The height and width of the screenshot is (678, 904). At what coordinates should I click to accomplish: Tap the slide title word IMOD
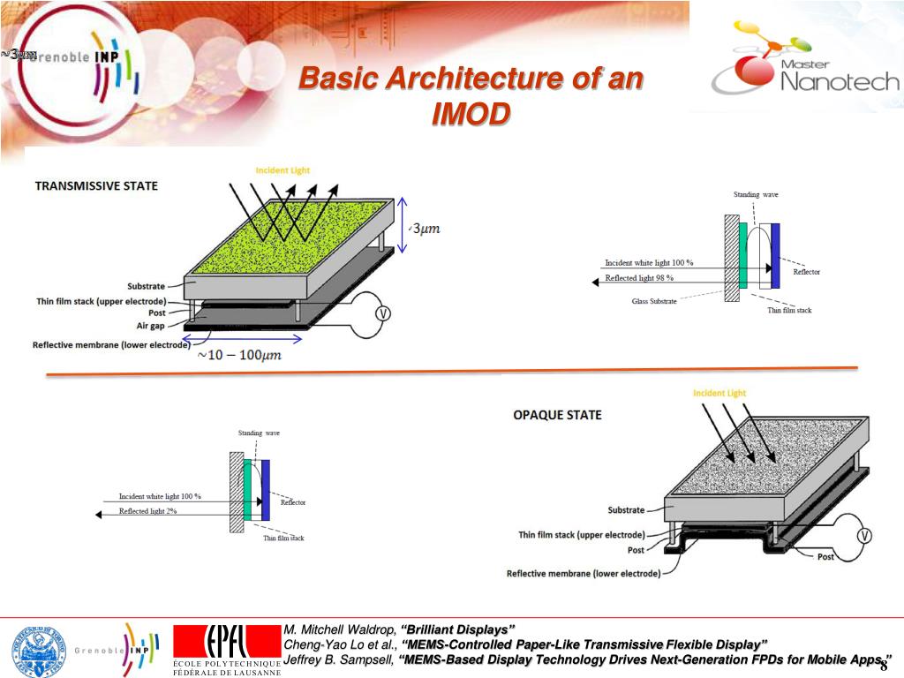pyautogui.click(x=471, y=115)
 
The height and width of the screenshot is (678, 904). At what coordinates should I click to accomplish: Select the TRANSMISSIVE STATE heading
pyautogui.click(x=96, y=186)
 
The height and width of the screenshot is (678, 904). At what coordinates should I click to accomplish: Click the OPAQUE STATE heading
pyautogui.click(x=557, y=415)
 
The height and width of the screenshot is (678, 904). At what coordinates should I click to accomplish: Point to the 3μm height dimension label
pyautogui.click(x=426, y=230)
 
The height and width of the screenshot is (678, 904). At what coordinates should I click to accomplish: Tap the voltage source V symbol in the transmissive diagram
pyautogui.click(x=382, y=314)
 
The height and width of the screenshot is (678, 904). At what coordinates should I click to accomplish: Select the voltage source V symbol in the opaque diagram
pyautogui.click(x=864, y=535)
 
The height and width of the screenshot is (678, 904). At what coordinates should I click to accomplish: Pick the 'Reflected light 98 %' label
pyautogui.click(x=639, y=278)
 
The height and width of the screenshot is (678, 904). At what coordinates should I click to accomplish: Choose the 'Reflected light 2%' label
pyautogui.click(x=147, y=511)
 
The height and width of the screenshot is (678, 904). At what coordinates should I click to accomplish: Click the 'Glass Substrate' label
pyautogui.click(x=654, y=302)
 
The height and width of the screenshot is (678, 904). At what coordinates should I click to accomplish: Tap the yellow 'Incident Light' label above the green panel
pyautogui.click(x=282, y=170)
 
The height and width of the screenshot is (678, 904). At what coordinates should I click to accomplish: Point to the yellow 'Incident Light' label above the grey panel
pyautogui.click(x=719, y=393)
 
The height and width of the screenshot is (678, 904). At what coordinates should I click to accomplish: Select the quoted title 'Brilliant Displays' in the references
pyautogui.click(x=457, y=629)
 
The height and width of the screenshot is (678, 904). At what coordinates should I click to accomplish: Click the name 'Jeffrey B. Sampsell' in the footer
pyautogui.click(x=337, y=659)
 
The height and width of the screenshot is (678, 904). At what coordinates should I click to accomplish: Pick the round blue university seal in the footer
pyautogui.click(x=38, y=651)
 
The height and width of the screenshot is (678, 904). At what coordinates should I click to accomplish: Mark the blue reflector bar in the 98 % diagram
pyautogui.click(x=775, y=256)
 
